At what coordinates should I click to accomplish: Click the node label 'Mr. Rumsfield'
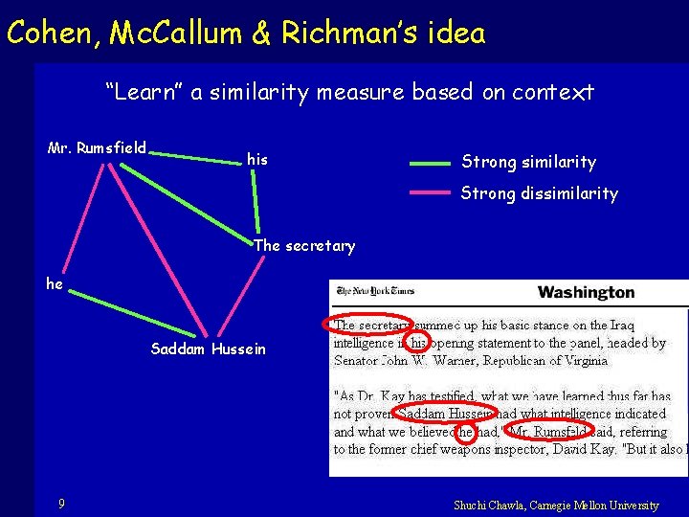tap(97, 147)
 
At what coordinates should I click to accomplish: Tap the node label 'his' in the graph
tap(257, 159)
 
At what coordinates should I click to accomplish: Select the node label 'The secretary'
tap(304, 246)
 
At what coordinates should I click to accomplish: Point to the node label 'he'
tap(55, 283)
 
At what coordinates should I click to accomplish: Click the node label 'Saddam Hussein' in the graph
tap(209, 348)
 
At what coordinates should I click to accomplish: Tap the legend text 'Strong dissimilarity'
tap(539, 193)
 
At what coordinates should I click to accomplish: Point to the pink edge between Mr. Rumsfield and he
tap(84, 219)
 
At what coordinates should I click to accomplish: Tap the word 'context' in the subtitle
tap(553, 92)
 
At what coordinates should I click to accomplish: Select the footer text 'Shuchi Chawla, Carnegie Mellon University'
tap(556, 505)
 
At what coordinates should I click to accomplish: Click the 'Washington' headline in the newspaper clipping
tap(586, 292)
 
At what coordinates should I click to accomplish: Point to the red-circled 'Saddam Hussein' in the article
tap(445, 414)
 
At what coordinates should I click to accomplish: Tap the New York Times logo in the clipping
tap(374, 291)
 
